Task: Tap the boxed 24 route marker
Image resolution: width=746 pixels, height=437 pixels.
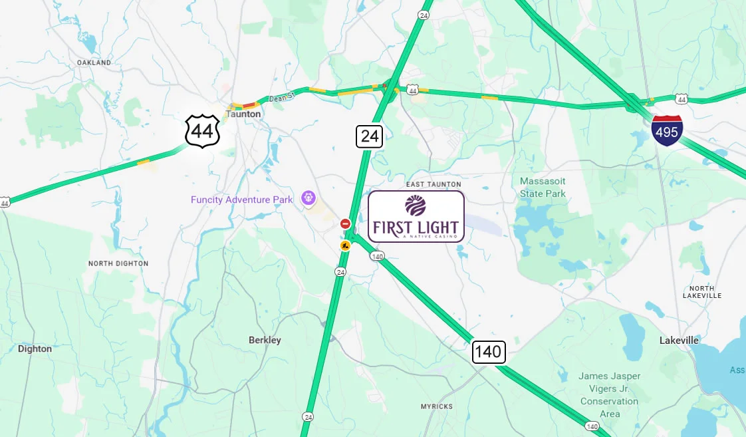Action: (370, 136)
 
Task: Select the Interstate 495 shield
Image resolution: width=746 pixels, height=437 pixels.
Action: (666, 130)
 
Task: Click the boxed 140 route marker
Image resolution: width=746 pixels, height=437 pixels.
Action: (489, 352)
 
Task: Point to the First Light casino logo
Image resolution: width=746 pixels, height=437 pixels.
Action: (416, 216)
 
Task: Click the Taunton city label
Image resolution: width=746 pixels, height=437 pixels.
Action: (243, 114)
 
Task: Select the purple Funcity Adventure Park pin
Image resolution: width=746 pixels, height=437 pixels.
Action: (308, 198)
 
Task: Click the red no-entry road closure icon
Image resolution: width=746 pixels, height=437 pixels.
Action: (345, 224)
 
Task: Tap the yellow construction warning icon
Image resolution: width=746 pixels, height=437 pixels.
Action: (345, 245)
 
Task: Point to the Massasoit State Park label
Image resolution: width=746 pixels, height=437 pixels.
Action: (543, 187)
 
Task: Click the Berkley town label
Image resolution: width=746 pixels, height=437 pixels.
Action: (265, 340)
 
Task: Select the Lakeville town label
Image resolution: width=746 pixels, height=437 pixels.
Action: (679, 340)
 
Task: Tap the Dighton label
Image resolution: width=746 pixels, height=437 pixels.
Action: (35, 349)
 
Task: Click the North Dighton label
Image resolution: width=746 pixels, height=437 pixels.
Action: (118, 263)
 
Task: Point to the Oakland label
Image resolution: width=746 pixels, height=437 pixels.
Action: (94, 63)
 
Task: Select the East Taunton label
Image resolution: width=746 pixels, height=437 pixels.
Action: (433, 184)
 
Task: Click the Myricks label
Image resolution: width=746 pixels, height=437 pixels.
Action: (436, 406)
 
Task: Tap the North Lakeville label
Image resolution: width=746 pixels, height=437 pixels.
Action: (701, 291)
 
